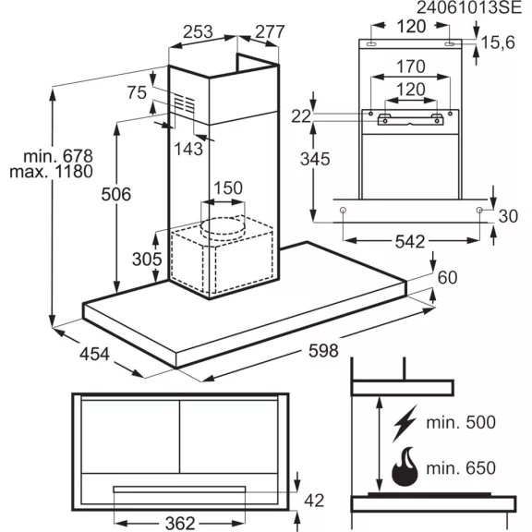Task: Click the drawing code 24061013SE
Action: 468,7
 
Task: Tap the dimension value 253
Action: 198,32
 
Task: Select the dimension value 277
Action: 270,32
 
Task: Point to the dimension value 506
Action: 116,194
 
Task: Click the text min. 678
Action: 58,156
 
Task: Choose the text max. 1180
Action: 51,172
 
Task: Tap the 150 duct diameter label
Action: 228,188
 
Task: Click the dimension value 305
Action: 147,260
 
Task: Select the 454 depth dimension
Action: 94,354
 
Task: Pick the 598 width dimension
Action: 323,350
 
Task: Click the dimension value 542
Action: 410,242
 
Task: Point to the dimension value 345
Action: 315,159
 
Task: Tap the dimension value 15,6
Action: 498,42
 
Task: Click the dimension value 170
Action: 410,66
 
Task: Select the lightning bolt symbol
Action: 405,423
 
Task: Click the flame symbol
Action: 405,466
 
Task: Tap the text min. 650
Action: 461,468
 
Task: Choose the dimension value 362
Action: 180,523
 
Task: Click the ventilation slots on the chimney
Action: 185,103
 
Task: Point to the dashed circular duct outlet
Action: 223,226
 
